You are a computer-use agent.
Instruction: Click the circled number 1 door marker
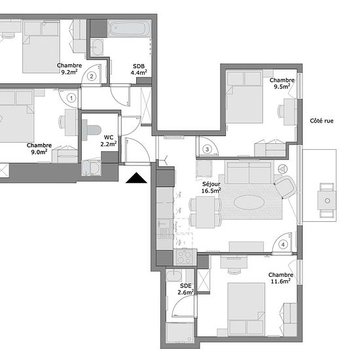(x=71, y=98)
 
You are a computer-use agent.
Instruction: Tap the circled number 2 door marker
(x=92, y=76)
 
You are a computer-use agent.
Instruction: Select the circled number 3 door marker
(x=207, y=149)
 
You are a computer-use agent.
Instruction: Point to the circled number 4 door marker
(x=283, y=245)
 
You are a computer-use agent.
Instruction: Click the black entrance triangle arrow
(x=136, y=178)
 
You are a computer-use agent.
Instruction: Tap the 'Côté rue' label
(x=321, y=121)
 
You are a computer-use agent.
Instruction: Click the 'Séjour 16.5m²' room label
(x=211, y=187)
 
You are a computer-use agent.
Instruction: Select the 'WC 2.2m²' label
(x=109, y=141)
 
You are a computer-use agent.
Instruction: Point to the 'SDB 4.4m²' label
(x=139, y=69)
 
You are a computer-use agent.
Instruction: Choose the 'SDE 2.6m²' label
(x=186, y=289)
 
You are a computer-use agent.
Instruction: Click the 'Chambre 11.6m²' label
(x=281, y=278)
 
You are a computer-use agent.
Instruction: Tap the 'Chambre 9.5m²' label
(x=282, y=83)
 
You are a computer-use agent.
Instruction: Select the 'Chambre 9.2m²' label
(x=69, y=69)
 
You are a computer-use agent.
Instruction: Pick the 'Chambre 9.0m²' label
(x=39, y=149)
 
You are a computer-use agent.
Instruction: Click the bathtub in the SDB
(x=130, y=29)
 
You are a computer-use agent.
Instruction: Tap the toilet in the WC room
(x=92, y=130)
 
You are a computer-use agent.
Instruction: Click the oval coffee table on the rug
(x=249, y=202)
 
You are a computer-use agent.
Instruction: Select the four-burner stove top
(x=185, y=257)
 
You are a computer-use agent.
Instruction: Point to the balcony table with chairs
(x=327, y=200)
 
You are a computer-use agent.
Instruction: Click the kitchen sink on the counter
(x=164, y=228)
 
